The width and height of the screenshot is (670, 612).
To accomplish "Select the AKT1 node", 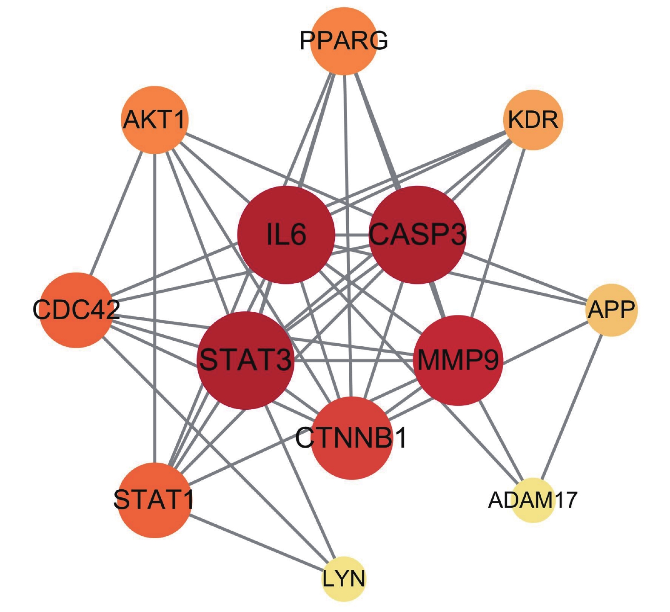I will [x=155, y=120].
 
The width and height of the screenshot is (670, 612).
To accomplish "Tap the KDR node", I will [x=533, y=120].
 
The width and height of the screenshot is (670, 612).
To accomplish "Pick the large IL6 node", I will [x=286, y=235].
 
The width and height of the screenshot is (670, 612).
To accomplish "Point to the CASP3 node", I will [x=417, y=235].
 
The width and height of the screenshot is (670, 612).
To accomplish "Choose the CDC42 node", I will [x=77, y=310].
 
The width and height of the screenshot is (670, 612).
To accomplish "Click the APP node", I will [x=611, y=310].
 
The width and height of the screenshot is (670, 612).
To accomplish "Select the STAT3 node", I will [x=246, y=360].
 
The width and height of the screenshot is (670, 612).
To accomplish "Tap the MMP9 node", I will [x=458, y=360].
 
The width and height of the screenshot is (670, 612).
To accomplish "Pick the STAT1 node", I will [x=154, y=500].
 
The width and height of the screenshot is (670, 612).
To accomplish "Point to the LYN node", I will [x=343, y=579].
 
